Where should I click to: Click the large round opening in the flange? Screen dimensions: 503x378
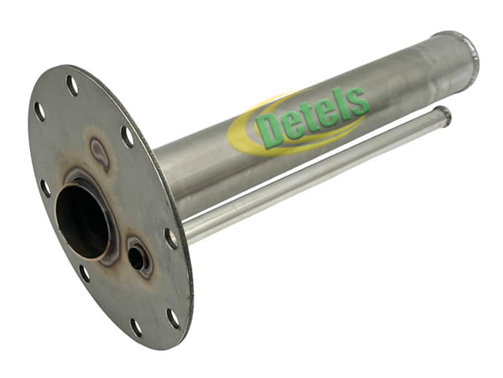[x=84, y=221]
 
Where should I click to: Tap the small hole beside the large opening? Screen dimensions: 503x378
[x=136, y=256]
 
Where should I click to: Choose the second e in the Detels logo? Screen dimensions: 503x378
[x=329, y=111]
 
